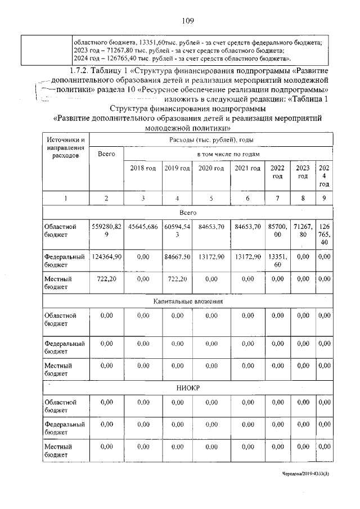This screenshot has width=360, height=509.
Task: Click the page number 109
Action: (x=188, y=21)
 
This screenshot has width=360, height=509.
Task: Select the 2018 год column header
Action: (x=143, y=168)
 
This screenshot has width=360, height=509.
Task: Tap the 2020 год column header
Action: (x=211, y=168)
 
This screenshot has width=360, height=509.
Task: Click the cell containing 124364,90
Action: (x=106, y=257)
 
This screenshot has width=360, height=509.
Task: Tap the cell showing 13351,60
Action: (x=277, y=260)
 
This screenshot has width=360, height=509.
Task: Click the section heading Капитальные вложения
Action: (x=188, y=301)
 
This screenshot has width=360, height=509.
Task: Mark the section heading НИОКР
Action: (x=188, y=388)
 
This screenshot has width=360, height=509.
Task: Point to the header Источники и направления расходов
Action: (x=66, y=147)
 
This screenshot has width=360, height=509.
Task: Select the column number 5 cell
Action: (x=211, y=198)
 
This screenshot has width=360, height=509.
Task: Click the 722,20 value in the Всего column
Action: (x=106, y=278)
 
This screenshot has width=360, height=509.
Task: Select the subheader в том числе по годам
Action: (x=228, y=154)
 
